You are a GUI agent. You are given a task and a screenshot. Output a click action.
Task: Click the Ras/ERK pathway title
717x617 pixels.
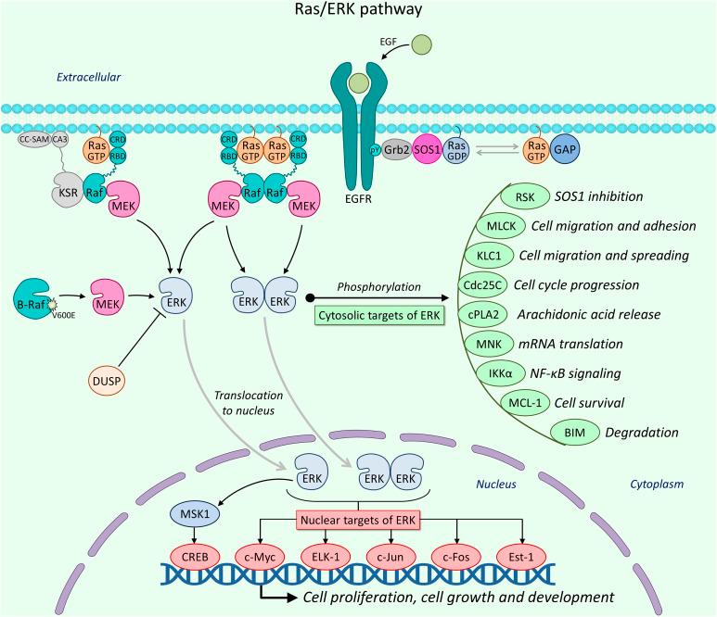(358, 11)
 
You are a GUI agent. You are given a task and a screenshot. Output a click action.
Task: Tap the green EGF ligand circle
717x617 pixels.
(422, 43)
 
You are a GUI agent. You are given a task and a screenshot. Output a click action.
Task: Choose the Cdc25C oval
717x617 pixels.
(487, 284)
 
